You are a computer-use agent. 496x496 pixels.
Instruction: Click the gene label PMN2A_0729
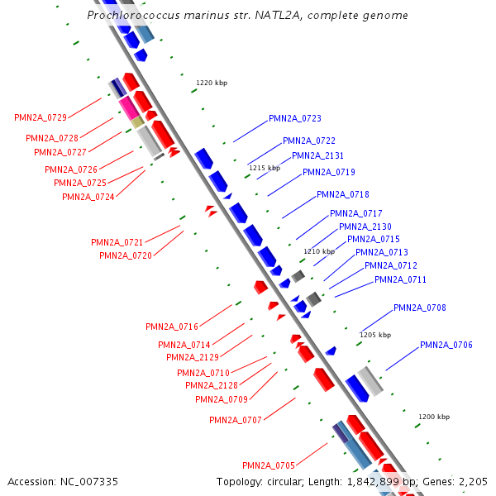click(x=41, y=118)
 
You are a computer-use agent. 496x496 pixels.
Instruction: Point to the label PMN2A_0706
click(x=446, y=345)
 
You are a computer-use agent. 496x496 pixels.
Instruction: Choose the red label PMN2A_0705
click(x=269, y=465)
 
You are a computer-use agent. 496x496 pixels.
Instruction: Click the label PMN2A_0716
click(x=172, y=327)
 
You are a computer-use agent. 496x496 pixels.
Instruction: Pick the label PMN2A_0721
click(x=117, y=242)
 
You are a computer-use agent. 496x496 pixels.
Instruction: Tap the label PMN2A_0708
click(x=420, y=308)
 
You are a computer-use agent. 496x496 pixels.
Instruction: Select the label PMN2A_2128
click(x=212, y=385)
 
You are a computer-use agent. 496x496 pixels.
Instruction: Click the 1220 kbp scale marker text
click(x=211, y=83)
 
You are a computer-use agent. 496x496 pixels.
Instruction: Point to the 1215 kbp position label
click(x=264, y=168)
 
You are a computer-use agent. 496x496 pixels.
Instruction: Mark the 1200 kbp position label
click(x=434, y=417)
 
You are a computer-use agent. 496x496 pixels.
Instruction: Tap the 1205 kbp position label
click(x=374, y=335)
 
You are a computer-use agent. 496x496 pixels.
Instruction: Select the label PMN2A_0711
click(x=401, y=279)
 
